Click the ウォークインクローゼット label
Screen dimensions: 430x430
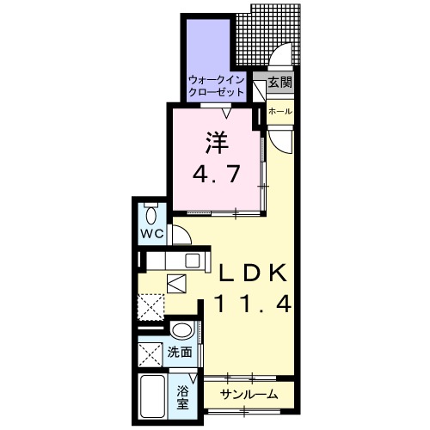pos(217,85)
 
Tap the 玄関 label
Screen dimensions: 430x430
pos(279,83)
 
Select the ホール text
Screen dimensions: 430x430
pos(279,112)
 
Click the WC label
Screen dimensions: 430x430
pos(151,234)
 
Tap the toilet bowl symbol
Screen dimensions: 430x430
pos(151,215)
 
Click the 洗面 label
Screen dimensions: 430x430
pos(180,353)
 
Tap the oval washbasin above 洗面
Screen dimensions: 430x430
pos(181,331)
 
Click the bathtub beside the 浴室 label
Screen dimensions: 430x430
pos(151,396)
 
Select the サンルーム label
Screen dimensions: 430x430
pos(248,394)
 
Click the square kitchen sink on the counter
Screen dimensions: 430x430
pos(192,260)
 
